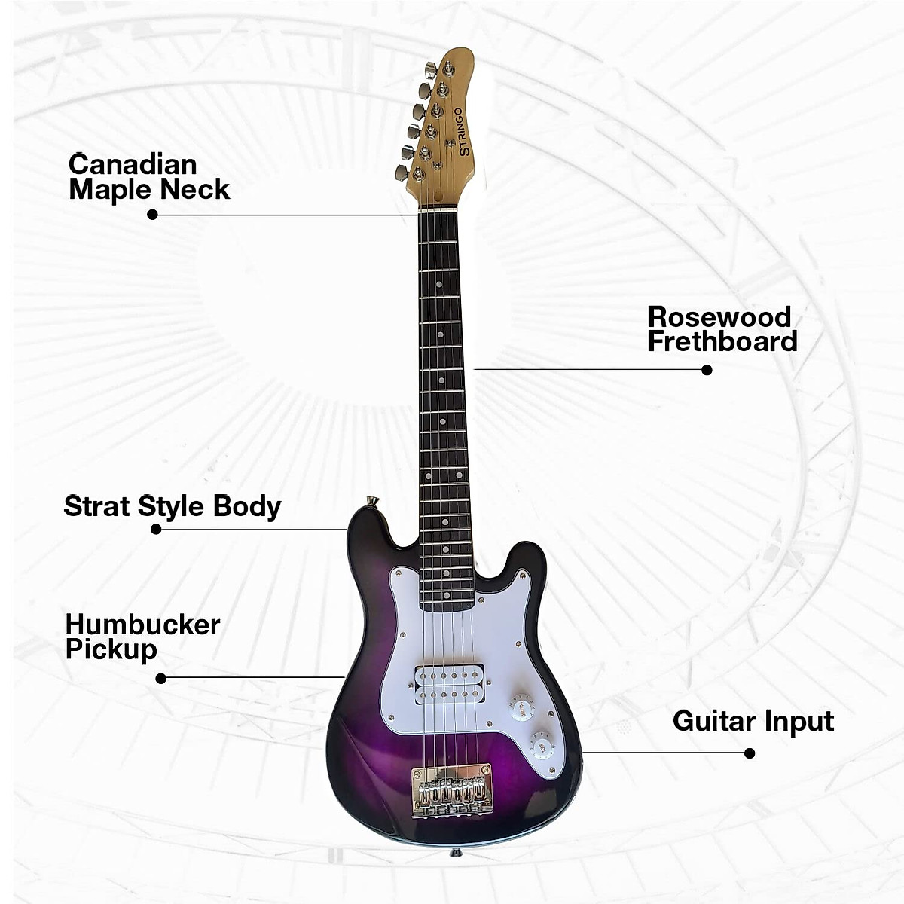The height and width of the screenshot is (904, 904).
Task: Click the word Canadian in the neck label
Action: point(133,164)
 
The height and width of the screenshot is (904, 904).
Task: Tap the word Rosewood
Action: point(719,316)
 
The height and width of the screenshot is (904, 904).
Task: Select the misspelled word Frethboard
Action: point(722,341)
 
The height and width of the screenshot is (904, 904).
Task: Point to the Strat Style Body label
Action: point(172,505)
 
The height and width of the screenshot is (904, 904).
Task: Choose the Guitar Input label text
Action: point(753,721)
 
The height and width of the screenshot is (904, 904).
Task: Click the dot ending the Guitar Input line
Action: point(749,753)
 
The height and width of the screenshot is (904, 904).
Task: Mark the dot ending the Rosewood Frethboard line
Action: point(707,370)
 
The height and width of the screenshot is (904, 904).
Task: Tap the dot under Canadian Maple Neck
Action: point(152,214)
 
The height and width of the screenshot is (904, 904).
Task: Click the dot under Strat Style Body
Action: point(156,530)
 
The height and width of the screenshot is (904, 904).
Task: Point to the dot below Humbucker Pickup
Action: point(160,679)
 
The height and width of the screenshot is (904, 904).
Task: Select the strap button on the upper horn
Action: point(371,501)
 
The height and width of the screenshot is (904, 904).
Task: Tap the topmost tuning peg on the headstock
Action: point(429,70)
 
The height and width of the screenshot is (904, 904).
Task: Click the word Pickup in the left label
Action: point(111,649)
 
